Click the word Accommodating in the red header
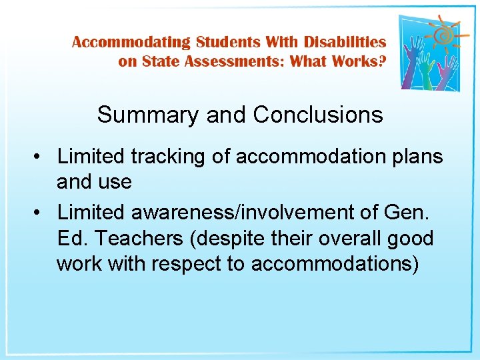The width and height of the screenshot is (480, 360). [131, 42]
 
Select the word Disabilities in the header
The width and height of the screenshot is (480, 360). [345, 42]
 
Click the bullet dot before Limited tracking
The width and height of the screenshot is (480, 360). [41, 157]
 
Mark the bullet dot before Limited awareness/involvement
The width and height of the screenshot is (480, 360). [41, 213]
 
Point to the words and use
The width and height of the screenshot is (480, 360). [94, 181]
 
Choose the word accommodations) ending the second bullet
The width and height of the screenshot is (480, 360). [335, 264]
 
